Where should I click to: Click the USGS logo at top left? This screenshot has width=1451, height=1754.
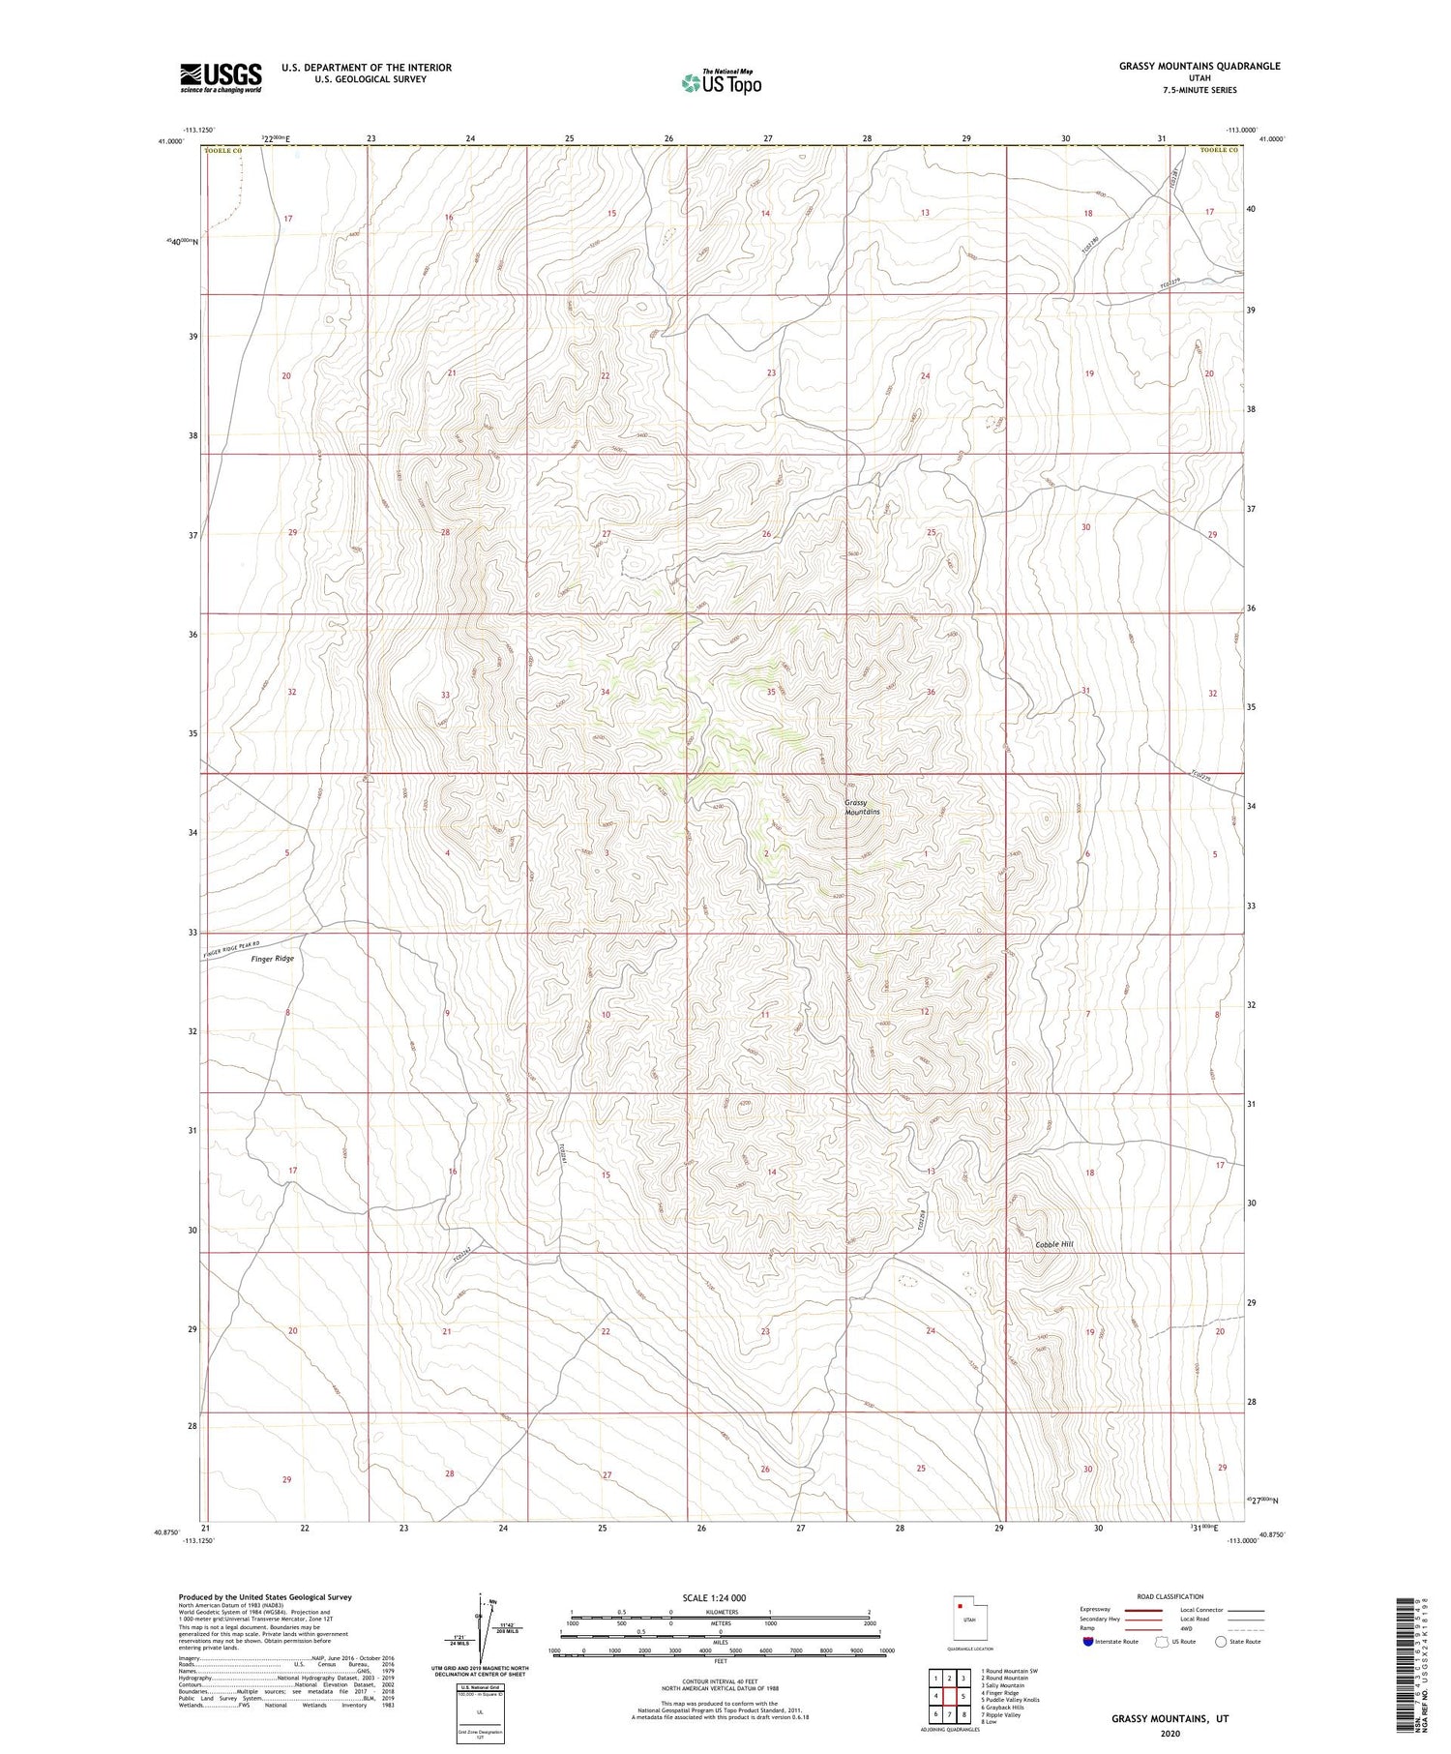click(221, 77)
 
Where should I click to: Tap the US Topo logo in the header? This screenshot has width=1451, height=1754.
click(722, 83)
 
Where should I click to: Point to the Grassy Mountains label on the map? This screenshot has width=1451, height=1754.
click(862, 808)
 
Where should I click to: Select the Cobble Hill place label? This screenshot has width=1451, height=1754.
click(1054, 1244)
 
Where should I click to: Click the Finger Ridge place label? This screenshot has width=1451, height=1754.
click(272, 959)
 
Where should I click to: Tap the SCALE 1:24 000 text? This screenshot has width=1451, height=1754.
click(714, 1597)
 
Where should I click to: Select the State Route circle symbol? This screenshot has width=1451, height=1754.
click(1221, 1642)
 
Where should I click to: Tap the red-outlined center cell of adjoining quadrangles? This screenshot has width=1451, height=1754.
click(963, 1697)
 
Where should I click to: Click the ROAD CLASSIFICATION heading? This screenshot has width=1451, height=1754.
click(1171, 1597)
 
